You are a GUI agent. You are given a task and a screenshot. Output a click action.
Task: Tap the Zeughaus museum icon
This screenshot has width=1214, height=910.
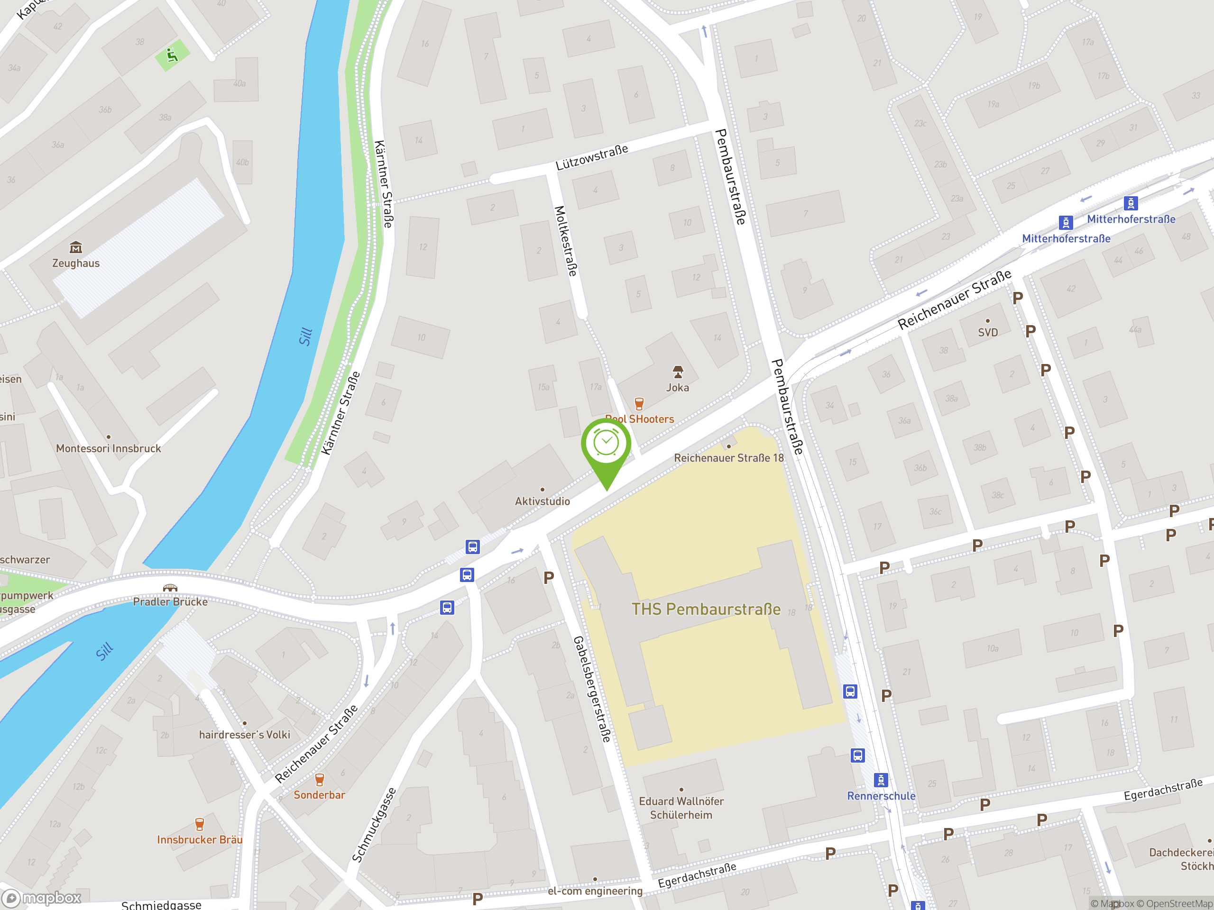coord(76,247)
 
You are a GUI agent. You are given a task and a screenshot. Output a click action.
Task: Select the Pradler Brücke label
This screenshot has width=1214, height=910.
coord(170,602)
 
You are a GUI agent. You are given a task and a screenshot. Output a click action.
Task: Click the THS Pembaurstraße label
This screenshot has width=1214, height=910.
coord(706,609)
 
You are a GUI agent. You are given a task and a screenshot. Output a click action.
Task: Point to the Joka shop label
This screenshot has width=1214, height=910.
coord(677,387)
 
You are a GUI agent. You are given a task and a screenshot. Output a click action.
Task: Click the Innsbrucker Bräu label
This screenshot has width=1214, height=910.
coord(199,840)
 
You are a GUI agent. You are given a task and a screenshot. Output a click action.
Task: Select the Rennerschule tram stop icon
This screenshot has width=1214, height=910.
coord(880,780)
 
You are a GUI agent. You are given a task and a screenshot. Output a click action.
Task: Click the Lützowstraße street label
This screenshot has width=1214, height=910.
coord(592,157)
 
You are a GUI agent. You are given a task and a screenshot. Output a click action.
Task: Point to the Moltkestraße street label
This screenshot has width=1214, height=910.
coord(566,241)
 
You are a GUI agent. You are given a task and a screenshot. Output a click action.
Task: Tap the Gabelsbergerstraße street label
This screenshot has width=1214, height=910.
coord(592,689)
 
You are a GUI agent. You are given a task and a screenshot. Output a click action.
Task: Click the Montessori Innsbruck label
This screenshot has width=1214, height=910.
coord(109,448)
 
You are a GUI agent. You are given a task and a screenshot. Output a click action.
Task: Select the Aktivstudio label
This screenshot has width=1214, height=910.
coord(542,501)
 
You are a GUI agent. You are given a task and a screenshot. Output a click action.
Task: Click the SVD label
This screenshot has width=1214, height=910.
coord(987,332)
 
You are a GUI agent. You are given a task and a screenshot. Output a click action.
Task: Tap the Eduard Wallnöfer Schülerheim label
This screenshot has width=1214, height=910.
coord(681,808)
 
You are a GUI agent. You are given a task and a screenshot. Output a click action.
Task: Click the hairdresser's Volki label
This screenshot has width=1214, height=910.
coord(244,735)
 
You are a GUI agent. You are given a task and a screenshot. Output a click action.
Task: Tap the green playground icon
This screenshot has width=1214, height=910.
coord(172,55)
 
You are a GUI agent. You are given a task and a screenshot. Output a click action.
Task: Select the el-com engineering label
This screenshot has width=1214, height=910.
coord(595,891)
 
